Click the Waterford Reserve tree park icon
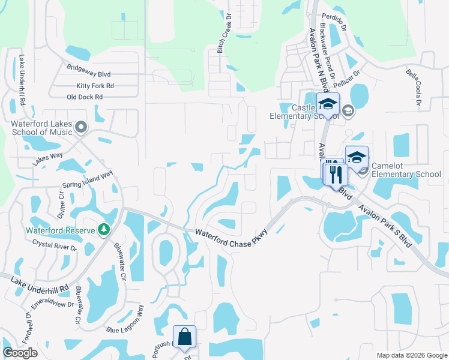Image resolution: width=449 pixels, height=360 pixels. [x=104, y=230]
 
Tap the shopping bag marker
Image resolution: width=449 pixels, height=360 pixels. [x=184, y=337]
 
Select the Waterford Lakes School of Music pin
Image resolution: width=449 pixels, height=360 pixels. [x=82, y=127]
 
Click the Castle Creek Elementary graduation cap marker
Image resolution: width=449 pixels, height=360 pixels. [x=328, y=103]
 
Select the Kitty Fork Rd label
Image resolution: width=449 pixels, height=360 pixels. [x=95, y=86]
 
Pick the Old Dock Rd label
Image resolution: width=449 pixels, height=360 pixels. [x=85, y=97]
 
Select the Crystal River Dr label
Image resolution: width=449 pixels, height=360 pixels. [x=55, y=245]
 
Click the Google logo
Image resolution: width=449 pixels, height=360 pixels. [x=20, y=353]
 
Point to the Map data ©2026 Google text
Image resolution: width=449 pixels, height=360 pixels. [x=411, y=355]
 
